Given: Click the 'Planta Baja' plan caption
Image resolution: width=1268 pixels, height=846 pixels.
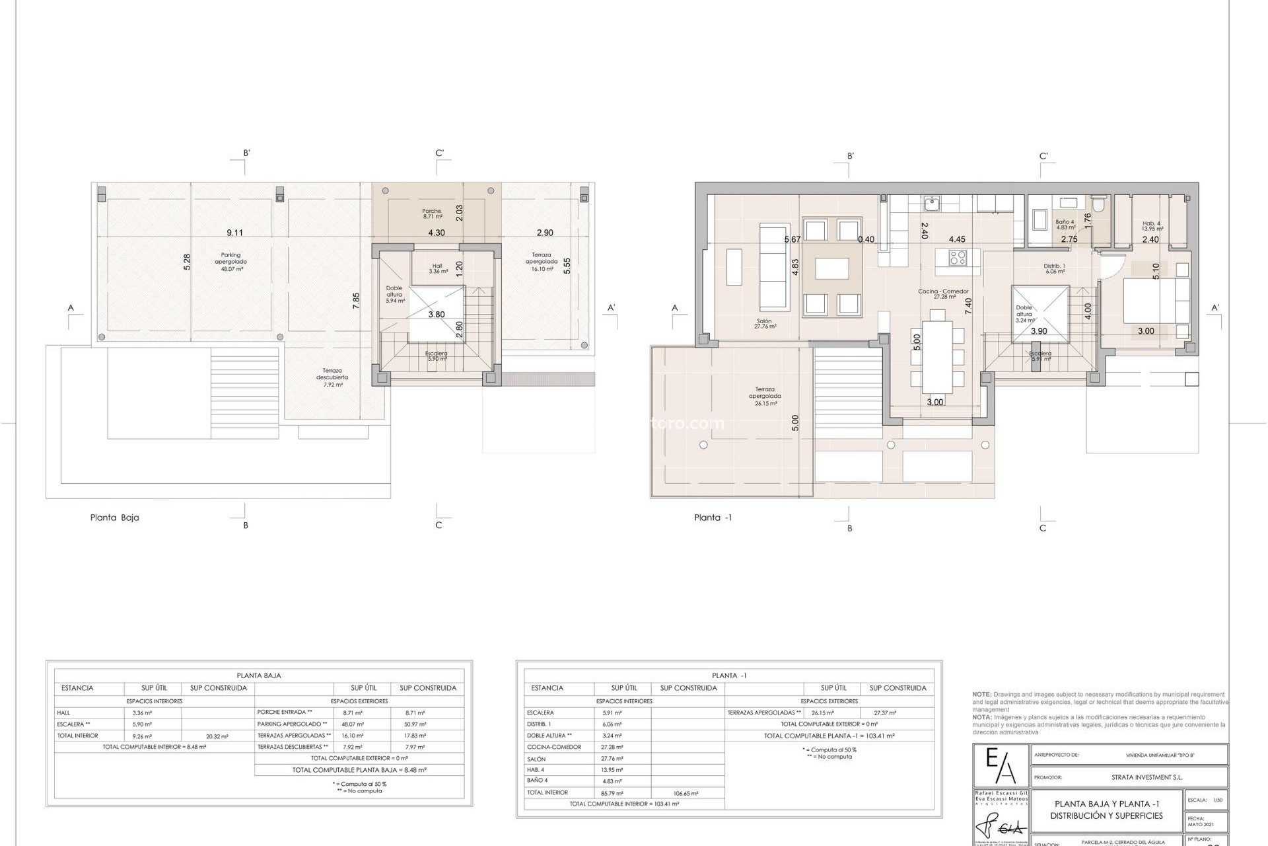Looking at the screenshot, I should [x=114, y=518].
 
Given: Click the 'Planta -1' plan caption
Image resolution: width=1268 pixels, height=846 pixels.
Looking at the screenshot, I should [x=713, y=518].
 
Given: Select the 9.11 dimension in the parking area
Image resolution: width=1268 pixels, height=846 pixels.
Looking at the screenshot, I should [x=234, y=233].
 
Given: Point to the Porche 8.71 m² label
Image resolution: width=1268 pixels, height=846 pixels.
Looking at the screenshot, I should [x=432, y=213].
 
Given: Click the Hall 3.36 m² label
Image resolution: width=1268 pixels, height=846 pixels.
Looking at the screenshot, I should [x=438, y=268].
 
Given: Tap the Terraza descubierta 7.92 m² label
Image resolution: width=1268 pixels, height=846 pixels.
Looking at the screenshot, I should [x=332, y=377].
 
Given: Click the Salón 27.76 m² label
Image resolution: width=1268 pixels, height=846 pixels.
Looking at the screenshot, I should [x=766, y=324].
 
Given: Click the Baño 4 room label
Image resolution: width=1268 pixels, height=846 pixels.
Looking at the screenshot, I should [x=1065, y=225].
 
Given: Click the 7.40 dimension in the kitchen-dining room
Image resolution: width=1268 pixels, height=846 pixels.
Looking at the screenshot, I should [x=968, y=305].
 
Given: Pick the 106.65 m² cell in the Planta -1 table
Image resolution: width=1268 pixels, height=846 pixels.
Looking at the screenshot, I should [x=687, y=793].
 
